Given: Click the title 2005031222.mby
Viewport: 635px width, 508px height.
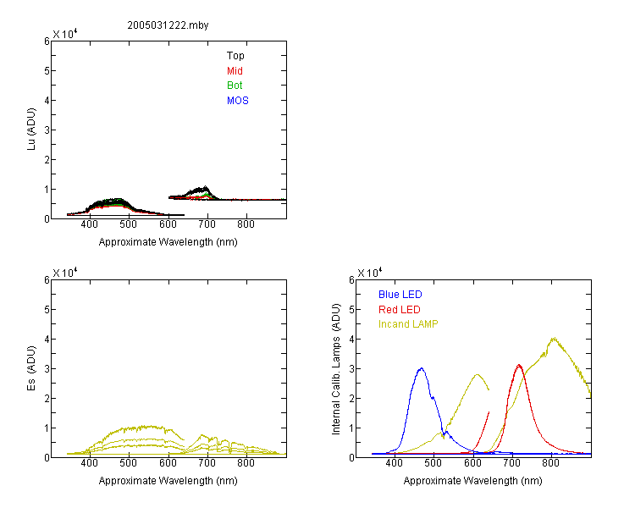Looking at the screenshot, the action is (168, 25).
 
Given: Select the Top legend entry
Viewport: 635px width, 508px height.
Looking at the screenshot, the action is (235, 56).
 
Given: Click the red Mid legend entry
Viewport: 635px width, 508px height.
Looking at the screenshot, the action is (235, 71).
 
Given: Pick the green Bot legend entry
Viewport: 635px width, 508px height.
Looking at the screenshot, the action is (235, 86).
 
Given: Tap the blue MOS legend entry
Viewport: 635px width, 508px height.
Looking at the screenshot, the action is (238, 101).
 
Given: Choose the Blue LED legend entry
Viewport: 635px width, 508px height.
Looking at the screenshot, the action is (400, 295).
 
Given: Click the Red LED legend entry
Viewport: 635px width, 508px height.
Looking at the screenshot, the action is (400, 310).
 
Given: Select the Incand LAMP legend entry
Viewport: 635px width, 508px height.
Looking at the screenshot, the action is (408, 324).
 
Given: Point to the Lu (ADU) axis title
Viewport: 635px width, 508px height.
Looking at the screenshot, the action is (31, 130).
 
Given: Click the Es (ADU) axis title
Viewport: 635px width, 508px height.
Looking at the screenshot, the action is (31, 368).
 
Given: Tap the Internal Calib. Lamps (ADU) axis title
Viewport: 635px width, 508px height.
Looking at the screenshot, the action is (336, 369).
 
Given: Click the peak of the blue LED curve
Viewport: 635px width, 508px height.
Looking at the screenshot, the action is (422, 368).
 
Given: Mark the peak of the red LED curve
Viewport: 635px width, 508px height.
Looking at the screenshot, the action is (519, 365).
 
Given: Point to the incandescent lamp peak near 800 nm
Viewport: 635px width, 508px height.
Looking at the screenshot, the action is (554, 339).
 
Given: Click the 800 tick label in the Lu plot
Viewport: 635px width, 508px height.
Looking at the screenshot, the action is (246, 224).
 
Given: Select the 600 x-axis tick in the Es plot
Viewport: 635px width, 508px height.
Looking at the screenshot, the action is (168, 463).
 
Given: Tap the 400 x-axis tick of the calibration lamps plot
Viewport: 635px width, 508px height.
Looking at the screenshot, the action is (394, 463).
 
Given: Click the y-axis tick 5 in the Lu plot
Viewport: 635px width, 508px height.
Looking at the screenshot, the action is (47, 71).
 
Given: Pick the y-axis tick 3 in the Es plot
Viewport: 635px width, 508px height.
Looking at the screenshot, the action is (47, 368).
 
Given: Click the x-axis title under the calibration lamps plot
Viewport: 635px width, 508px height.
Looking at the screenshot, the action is (472, 481).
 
